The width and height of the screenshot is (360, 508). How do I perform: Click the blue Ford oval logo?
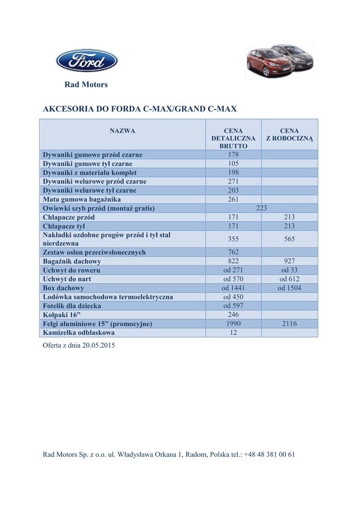tap(86, 61)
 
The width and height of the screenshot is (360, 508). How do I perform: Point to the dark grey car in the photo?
tap(297, 56)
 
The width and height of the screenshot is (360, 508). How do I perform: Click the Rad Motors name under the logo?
tap(86, 85)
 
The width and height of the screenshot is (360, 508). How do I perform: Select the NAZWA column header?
tap(122, 131)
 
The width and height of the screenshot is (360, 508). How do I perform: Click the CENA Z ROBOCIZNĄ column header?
tap(289, 134)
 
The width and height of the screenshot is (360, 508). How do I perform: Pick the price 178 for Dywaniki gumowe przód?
tap(233, 155)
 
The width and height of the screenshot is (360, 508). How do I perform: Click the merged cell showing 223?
tap(261, 208)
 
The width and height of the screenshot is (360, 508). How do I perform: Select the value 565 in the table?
tap(289, 239)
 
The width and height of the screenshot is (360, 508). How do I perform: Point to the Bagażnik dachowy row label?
tap(72, 261)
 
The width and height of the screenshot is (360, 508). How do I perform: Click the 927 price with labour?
tap(289, 261)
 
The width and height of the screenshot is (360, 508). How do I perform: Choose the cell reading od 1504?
tap(289, 288)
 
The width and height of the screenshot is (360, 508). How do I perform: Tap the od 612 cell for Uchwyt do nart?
tap(289, 279)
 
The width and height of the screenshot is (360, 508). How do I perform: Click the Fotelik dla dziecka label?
tap(72, 306)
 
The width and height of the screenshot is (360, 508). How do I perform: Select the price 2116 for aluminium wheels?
tap(289, 324)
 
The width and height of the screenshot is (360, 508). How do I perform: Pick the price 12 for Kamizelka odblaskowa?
tap(233, 333)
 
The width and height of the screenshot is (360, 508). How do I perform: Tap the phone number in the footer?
tap(270, 454)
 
